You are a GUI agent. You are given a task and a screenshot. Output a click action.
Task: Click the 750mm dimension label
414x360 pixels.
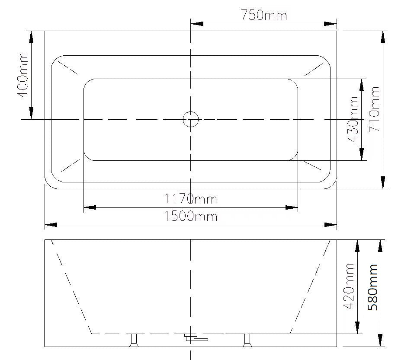point(264,15)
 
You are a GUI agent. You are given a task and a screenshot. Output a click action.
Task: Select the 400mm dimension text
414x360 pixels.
point(22,75)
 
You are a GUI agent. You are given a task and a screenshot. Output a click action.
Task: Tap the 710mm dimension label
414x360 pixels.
point(374,109)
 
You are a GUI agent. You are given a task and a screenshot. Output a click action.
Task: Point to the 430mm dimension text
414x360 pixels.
point(353,119)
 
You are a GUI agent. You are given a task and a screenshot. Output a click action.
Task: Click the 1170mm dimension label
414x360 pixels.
point(190,199)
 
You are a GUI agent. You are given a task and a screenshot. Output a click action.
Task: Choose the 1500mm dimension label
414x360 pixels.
point(191,216)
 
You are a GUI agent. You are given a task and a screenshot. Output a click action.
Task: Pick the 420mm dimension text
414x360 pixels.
point(349,286)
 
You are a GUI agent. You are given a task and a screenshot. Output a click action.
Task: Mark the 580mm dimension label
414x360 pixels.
point(373,287)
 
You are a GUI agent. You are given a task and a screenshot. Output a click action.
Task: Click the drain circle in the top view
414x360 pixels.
point(191,119)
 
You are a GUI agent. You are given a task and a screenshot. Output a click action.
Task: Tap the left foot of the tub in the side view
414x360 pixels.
point(134,340)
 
